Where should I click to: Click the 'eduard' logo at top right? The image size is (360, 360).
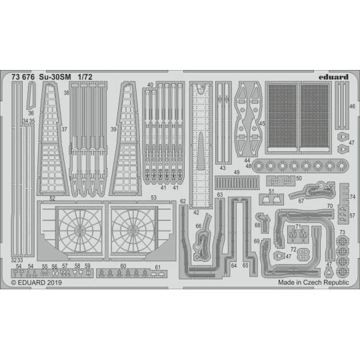tap(333, 77)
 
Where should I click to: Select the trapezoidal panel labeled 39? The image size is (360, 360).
tap(128, 141)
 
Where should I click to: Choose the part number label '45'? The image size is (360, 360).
tap(263, 123)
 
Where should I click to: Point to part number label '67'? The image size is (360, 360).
tap(301, 201)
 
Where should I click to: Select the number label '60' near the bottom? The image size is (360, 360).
tap(123, 266)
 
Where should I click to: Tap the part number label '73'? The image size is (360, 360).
tap(342, 233)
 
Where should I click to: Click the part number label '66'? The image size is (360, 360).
tap(198, 226)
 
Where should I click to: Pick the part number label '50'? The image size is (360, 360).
tap(299, 179)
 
